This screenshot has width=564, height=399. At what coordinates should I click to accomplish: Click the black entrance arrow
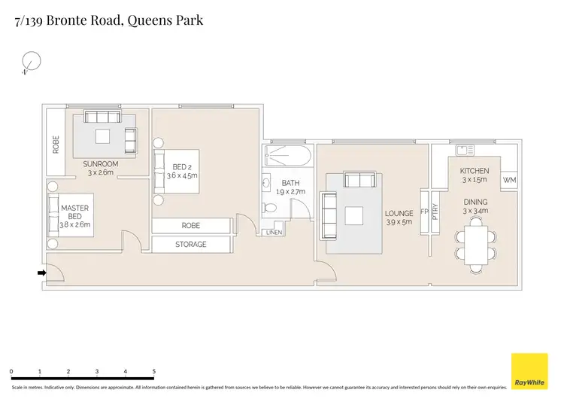(x=41, y=273)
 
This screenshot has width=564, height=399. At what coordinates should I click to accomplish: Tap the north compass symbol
(x=31, y=62)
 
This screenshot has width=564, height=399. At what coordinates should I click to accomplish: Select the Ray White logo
(x=529, y=371)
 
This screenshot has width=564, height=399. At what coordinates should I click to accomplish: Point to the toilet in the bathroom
(x=268, y=208)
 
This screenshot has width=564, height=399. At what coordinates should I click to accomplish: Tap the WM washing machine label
(x=509, y=180)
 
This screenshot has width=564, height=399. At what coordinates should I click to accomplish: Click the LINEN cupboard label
(x=274, y=233)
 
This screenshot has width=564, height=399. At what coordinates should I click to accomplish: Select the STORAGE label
(x=191, y=245)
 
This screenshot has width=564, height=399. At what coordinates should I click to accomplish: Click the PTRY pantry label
(x=435, y=212)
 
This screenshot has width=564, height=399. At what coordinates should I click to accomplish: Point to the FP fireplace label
(x=424, y=212)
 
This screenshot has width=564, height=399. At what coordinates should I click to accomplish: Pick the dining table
(x=475, y=245)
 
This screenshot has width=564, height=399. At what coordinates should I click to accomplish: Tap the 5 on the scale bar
(x=154, y=372)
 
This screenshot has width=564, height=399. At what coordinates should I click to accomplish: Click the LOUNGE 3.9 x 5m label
(x=399, y=218)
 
